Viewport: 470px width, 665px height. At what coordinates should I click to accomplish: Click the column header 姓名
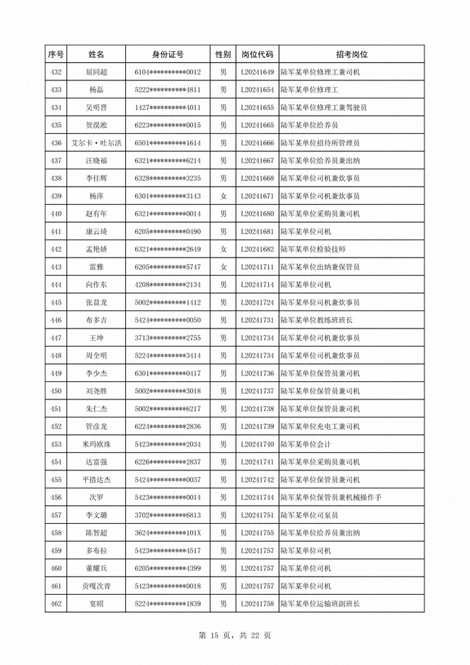96,54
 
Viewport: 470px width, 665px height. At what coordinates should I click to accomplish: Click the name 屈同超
96,72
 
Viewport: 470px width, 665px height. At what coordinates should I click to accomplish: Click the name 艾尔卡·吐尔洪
96,143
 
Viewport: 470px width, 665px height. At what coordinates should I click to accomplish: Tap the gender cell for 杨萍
223,196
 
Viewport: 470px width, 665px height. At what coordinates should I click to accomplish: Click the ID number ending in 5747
168,267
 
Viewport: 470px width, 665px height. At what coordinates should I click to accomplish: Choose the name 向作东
96,284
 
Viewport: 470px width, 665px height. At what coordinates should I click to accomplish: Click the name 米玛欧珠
96,444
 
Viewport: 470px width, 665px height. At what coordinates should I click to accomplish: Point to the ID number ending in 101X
168,533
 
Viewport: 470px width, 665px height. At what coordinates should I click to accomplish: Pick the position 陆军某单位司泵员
311,514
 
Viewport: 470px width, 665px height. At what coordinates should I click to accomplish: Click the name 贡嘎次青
96,585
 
